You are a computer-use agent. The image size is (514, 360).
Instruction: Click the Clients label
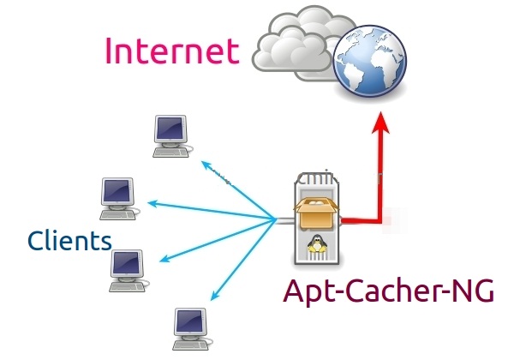[x=69, y=239]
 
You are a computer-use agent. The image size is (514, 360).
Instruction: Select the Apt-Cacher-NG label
[x=389, y=291]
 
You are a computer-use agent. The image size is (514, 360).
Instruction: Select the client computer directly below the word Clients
[x=128, y=270]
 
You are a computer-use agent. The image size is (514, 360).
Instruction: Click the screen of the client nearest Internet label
[x=169, y=129]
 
